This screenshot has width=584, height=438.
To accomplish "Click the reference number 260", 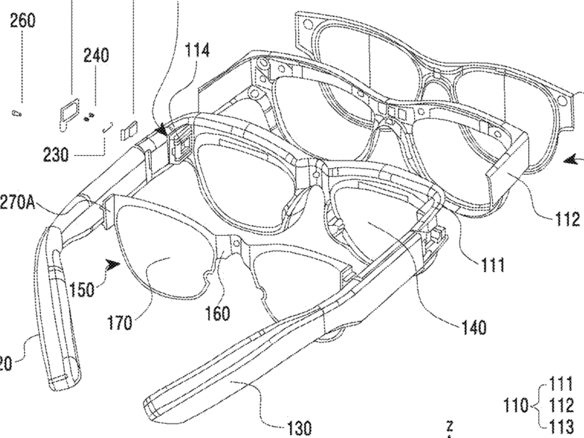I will point(22,21).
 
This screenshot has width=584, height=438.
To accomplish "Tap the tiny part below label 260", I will point(16,112).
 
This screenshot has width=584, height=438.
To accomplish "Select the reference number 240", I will point(96,55).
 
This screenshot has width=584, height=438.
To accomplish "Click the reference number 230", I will point(56,156).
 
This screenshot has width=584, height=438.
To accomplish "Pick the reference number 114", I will point(197,50).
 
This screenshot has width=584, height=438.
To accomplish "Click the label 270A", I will point(17,202).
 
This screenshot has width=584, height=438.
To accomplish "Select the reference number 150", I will point(82,290).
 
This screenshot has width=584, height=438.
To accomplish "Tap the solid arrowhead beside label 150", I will point(113,264).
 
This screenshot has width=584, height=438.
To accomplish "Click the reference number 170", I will point(120,323).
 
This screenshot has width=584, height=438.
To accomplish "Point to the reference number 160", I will point(218,313).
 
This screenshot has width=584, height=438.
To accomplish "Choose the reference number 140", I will point(473,327).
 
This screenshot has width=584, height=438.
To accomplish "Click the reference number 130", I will point(300,428).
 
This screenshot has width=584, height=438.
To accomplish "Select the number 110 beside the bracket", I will point(516,405).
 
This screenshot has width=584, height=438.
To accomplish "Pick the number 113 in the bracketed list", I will point(561,427).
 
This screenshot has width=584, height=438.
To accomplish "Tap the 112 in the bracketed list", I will point(561,405).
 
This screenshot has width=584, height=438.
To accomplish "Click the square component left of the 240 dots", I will point(68,109).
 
